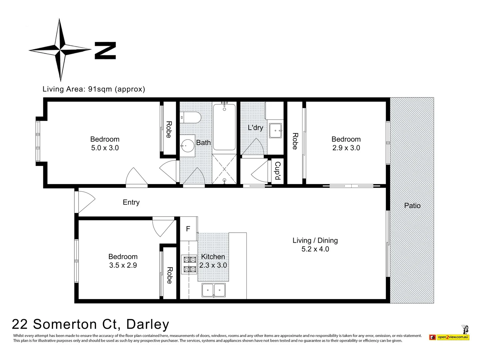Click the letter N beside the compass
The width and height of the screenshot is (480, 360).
[x=105, y=50]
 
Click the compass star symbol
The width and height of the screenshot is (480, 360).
[x=60, y=50]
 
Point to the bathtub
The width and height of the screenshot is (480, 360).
[x=224, y=127]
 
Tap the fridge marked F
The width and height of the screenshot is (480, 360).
[x=188, y=229]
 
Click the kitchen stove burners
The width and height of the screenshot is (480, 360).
[x=189, y=264]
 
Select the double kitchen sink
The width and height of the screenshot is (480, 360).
[x=213, y=290]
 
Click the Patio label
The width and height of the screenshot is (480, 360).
[x=412, y=206]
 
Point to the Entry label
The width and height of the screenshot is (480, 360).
[x=131, y=202]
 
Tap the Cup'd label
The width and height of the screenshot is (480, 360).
[x=277, y=171]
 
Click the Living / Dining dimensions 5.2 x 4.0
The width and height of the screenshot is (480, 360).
[x=315, y=249]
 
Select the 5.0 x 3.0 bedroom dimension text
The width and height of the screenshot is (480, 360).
[x=105, y=148]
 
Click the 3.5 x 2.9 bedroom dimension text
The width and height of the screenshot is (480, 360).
[x=123, y=265]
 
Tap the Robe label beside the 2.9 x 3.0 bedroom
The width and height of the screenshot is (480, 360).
[x=295, y=141]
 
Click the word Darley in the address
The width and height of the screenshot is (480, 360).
[x=148, y=324]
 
